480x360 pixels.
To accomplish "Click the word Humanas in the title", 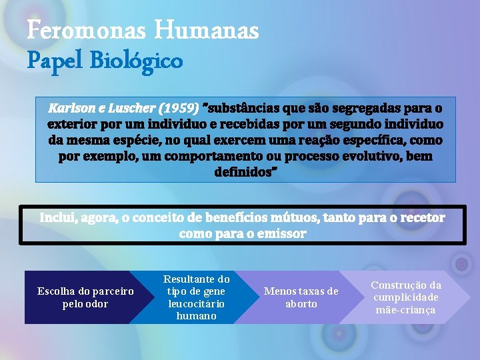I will (x=206, y=31).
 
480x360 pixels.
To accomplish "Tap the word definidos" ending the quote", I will (x=245, y=172).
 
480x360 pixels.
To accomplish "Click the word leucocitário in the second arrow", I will (x=196, y=303).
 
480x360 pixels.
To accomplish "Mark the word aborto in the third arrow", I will (x=301, y=304).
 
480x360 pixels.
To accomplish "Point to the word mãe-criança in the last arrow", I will (x=405, y=310).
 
